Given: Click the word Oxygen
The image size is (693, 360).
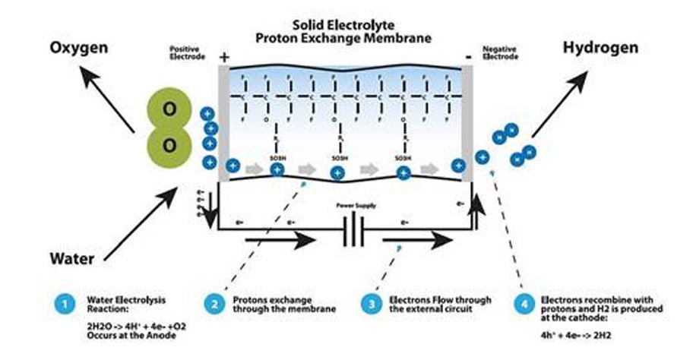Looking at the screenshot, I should (79, 49).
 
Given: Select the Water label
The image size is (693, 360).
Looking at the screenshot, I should (73, 258).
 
